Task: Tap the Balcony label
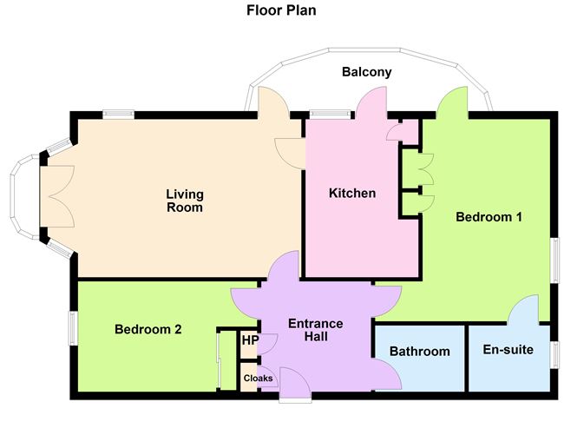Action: click(x=365, y=73)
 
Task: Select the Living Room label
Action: click(x=184, y=201)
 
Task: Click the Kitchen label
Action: click(x=352, y=193)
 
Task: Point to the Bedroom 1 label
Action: click(x=489, y=217)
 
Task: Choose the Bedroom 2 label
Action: click(x=148, y=329)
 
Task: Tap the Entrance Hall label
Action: click(x=316, y=330)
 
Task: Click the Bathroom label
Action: click(x=419, y=352)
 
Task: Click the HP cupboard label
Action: click(x=249, y=341)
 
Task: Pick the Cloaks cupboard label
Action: click(x=257, y=379)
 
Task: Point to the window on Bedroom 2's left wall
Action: click(x=73, y=330)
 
